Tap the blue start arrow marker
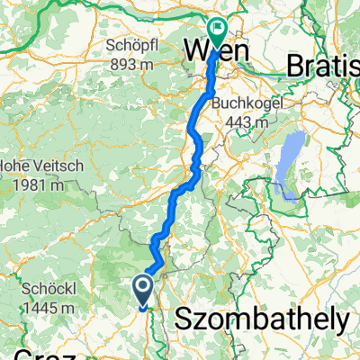[142, 288]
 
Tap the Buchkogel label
[247, 103]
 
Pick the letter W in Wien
[197, 50]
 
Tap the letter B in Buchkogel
[217, 103]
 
